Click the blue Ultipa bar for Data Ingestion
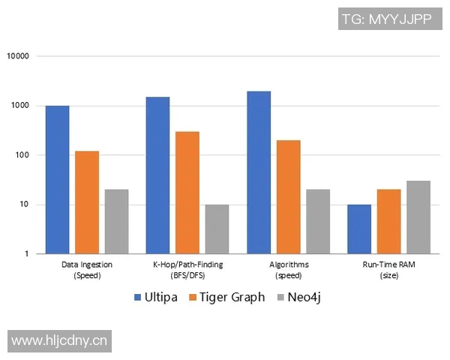click(57, 180)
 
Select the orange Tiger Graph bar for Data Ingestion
click(87, 202)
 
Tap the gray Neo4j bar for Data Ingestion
click(116, 222)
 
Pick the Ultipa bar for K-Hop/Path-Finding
click(157, 175)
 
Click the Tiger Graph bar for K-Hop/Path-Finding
click(187, 193)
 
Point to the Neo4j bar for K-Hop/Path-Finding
click(217, 229)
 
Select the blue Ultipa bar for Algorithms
click(259, 172)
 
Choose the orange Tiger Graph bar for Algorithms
click(288, 197)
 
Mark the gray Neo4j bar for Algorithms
click(318, 222)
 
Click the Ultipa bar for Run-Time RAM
click(359, 229)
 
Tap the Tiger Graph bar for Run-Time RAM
click(388, 222)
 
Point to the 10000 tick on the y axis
click(18, 56)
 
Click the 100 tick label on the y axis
click(22, 155)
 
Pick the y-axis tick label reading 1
click(26, 254)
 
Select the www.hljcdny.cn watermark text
click(60, 341)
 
